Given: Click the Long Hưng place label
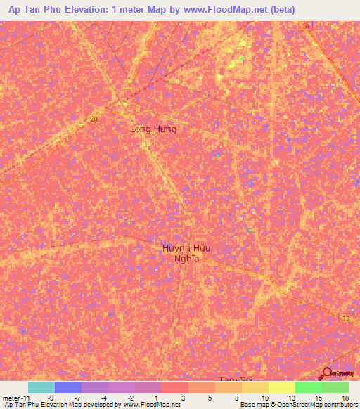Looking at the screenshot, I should point(153,129).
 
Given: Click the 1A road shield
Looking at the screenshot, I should point(306,27).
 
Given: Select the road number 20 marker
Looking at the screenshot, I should point(94,119).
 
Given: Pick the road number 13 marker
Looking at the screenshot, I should point(345,319).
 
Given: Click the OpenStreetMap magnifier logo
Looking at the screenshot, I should point(327,373).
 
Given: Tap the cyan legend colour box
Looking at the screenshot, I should point(41,387).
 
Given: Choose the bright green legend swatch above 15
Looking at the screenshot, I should point(308,387).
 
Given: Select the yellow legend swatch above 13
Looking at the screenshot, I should point(281,387).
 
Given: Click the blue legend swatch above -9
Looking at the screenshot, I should point(67,387).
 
